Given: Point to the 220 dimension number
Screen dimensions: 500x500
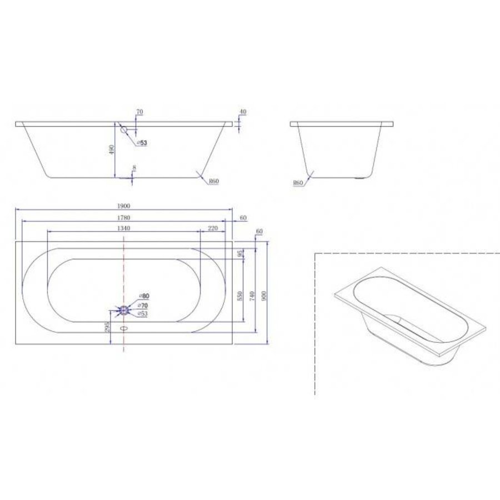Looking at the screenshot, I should point(212,228).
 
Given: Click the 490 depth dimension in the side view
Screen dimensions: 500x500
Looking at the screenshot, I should point(112,150).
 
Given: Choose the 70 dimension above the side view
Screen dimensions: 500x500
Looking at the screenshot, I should point(139,112).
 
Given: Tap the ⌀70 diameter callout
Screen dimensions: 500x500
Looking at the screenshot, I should point(143,305).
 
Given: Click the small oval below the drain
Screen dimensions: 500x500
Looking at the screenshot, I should point(123,327).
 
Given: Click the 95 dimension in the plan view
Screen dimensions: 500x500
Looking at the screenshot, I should point(240,254).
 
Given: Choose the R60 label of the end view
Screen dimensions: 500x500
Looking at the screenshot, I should point(298,183).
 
